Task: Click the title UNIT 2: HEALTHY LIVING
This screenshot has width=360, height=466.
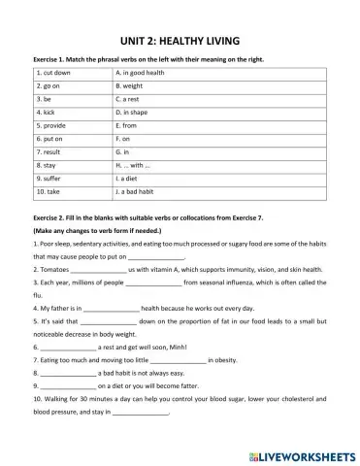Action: coord(180,41)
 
